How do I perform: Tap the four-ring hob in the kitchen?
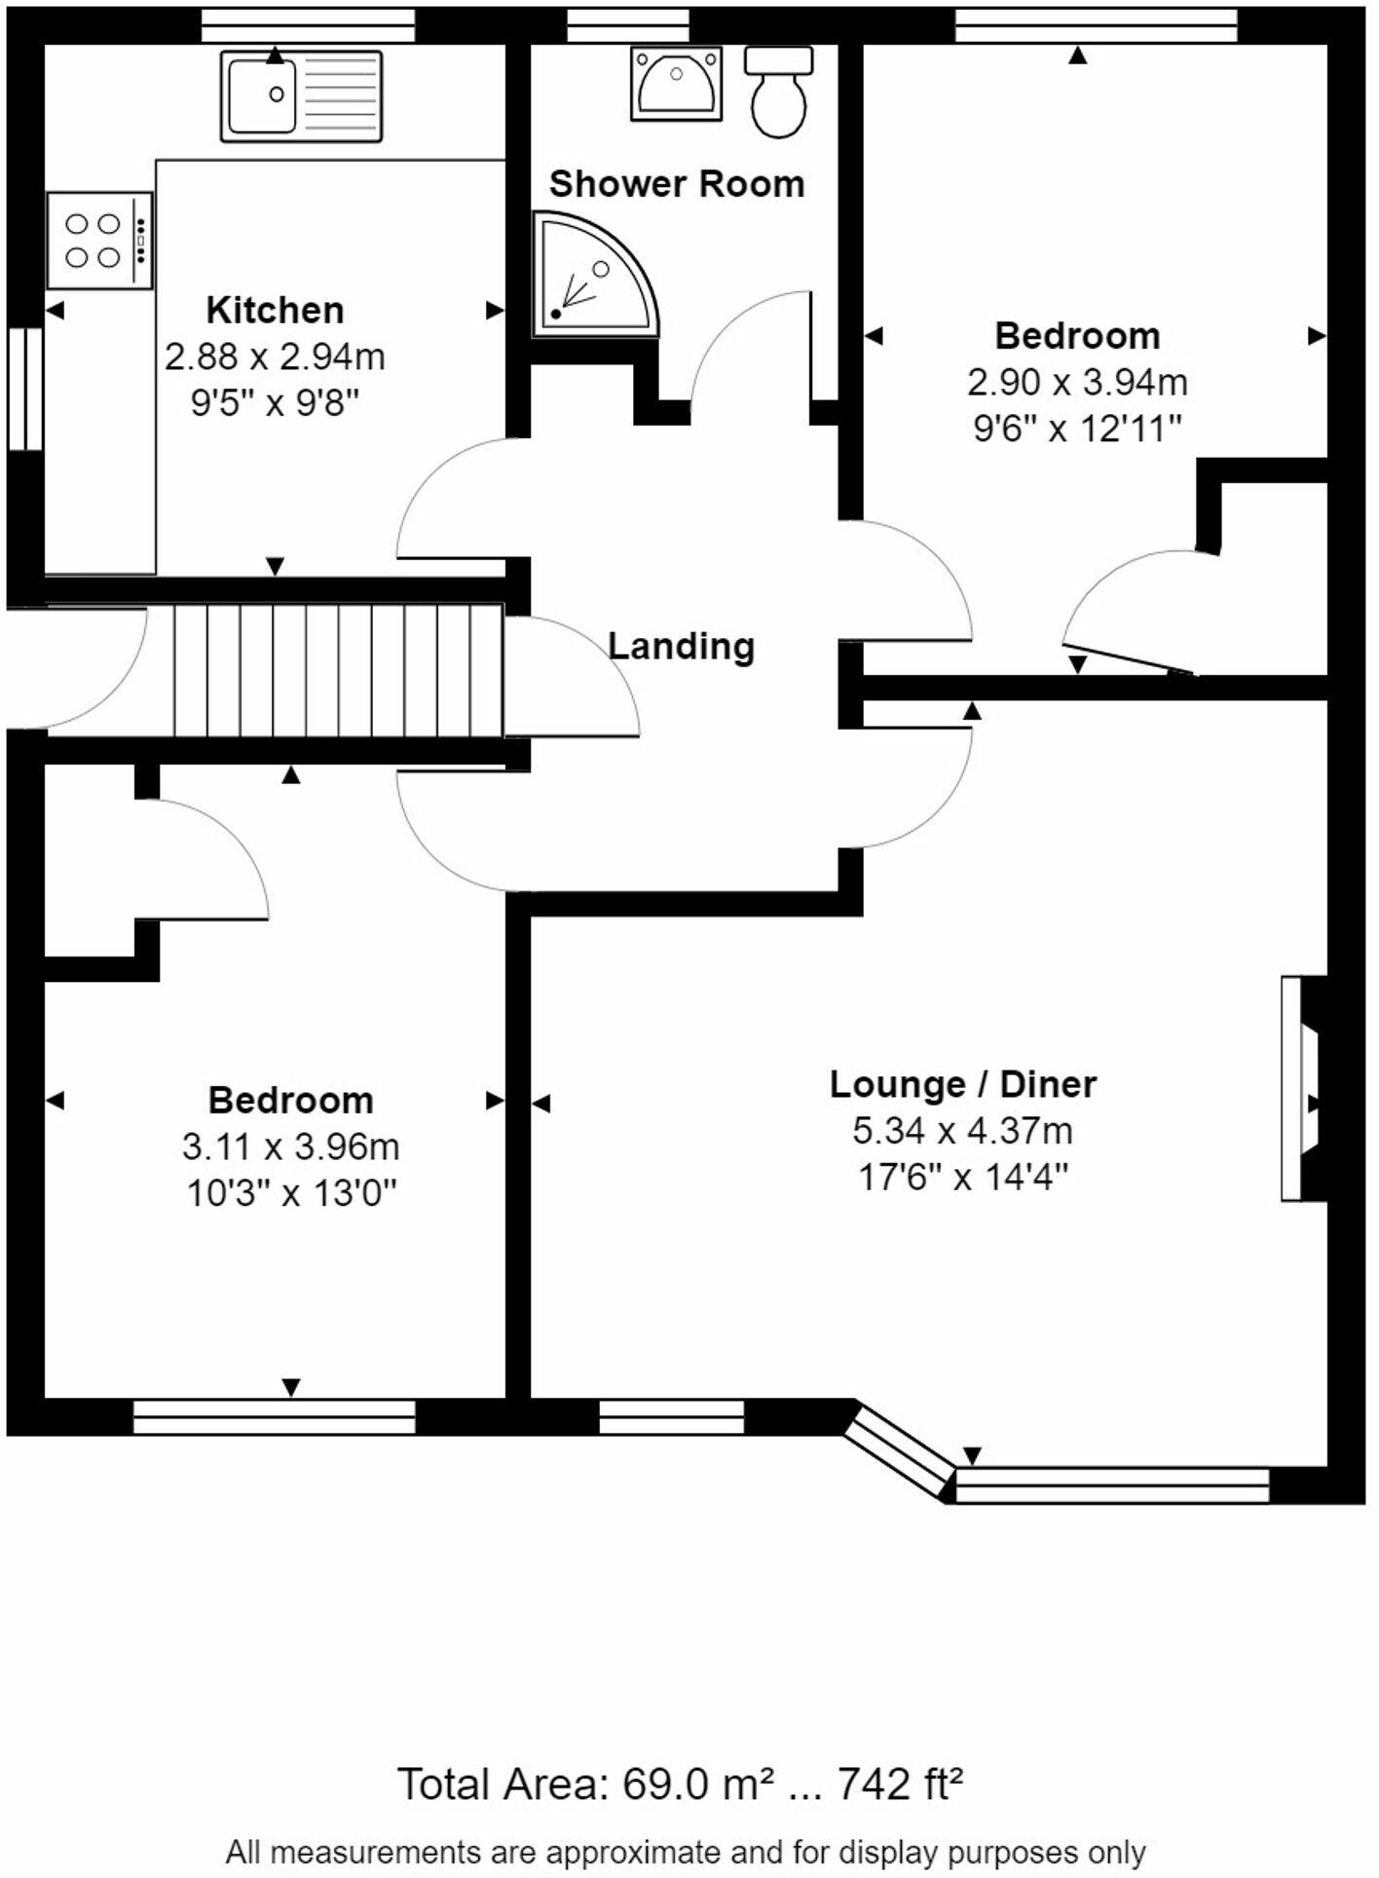click(x=100, y=241)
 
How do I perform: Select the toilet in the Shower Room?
click(x=779, y=93)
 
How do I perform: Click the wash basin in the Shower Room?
click(x=676, y=84)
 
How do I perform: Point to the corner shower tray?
click(x=592, y=276)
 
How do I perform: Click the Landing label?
click(x=682, y=646)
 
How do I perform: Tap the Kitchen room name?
click(x=275, y=310)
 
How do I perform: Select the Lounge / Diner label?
click(x=963, y=1084)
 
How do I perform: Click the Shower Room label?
click(x=677, y=183)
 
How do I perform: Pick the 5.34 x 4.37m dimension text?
click(x=963, y=1131)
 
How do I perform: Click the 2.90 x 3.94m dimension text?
click(x=1077, y=382)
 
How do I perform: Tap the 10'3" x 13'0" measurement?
click(x=291, y=1192)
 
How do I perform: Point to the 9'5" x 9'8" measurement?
click(x=275, y=401)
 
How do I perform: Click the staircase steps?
click(x=338, y=670)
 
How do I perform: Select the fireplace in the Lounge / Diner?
click(x=1304, y=1088)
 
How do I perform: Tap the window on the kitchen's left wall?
click(x=25, y=389)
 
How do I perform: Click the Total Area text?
click(x=681, y=1784)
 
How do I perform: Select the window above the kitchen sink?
click(x=309, y=25)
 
